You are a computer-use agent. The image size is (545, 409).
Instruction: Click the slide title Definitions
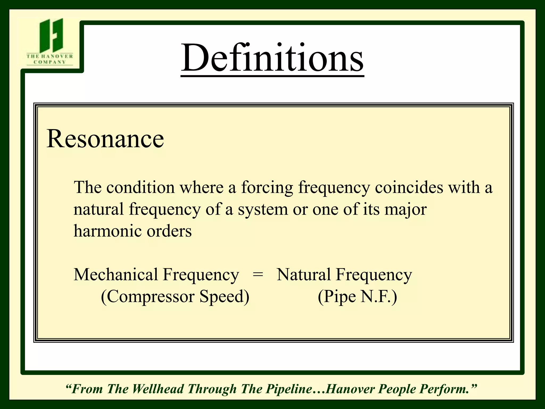pyautogui.click(x=272, y=58)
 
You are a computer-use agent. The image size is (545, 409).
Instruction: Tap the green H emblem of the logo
pyautogui.click(x=51, y=35)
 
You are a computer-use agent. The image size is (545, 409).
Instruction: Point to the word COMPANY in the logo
pyautogui.click(x=50, y=62)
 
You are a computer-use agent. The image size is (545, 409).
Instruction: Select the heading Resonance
pyautogui.click(x=105, y=139)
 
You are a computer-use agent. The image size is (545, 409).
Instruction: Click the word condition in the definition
pyautogui.click(x=141, y=187)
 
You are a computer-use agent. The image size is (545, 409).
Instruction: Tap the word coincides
pyautogui.click(x=409, y=187)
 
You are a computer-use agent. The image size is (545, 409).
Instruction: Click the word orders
pyautogui.click(x=169, y=231)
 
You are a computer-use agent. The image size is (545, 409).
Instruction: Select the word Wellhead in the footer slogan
pyautogui.click(x=158, y=389)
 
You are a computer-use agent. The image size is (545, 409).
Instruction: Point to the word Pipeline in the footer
pyautogui.click(x=290, y=389)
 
